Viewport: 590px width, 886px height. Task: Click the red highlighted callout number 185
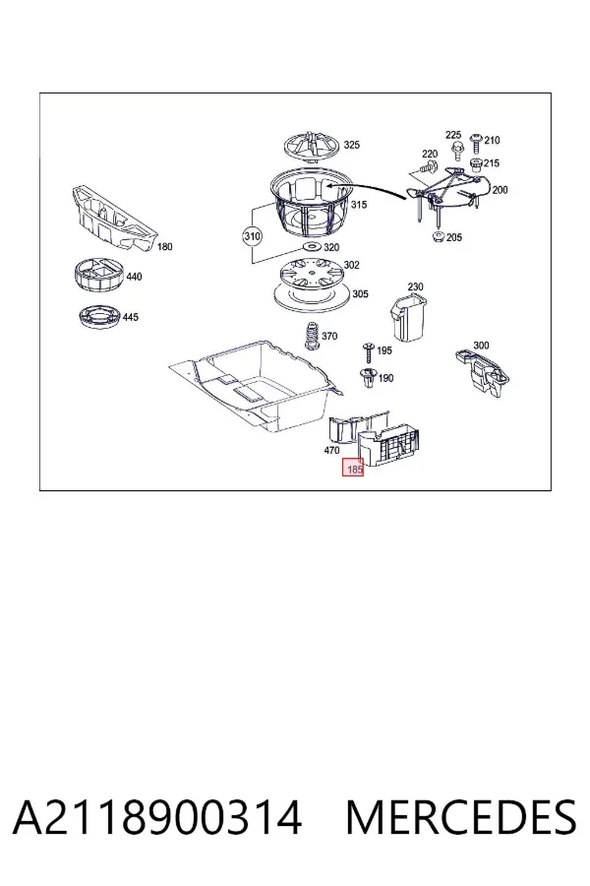point(353,468)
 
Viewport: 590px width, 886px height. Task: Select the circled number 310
point(252,235)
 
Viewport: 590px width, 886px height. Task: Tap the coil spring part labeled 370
point(310,337)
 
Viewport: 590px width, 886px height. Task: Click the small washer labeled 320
point(312,247)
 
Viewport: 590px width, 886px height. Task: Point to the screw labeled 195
point(369,350)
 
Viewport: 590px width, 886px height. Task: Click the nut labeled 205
point(438,236)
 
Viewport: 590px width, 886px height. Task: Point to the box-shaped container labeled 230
point(408,317)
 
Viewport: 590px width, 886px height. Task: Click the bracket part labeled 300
point(482,370)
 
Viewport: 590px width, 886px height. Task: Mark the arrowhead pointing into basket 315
point(328,184)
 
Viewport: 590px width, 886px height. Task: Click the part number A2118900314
point(157,817)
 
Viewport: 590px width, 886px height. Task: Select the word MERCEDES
point(461,817)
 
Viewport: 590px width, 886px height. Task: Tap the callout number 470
point(332,450)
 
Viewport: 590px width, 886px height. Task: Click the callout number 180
point(164,246)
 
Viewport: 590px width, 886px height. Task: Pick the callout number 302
point(351,265)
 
